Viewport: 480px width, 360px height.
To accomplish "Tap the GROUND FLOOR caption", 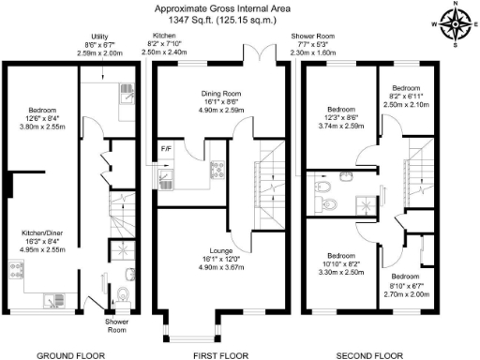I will pos(71,354).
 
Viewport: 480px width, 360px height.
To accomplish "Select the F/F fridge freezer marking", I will pos(165,148).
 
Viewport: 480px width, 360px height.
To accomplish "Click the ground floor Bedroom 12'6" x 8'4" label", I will pos(42,106).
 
